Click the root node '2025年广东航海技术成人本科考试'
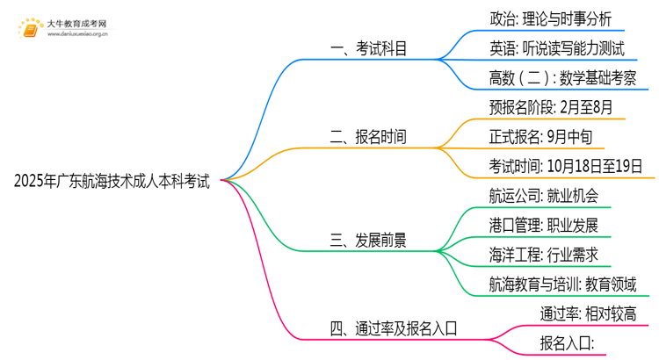(x=112, y=183)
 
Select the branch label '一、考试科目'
(x=368, y=49)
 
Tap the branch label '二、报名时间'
(x=368, y=137)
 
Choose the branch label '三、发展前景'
(x=368, y=240)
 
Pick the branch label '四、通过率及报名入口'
(x=394, y=328)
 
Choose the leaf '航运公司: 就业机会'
(x=544, y=195)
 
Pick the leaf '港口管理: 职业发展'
(x=544, y=225)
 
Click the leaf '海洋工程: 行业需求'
(x=544, y=255)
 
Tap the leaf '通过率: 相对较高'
(x=587, y=313)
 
